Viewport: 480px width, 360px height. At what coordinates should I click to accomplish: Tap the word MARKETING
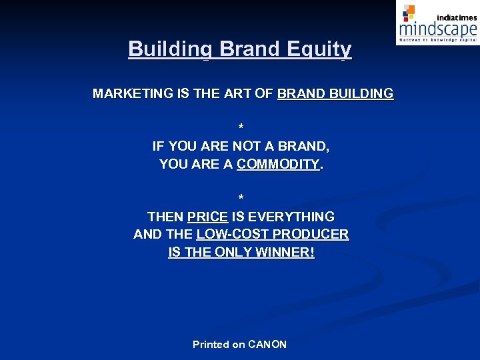[x=132, y=94]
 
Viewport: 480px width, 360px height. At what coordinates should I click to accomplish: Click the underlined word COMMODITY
[x=278, y=164]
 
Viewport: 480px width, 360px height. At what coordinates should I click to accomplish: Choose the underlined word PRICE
[x=208, y=217]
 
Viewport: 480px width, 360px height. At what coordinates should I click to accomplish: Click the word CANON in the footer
[x=267, y=345]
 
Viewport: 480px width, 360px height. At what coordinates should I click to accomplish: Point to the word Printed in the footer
[x=211, y=345]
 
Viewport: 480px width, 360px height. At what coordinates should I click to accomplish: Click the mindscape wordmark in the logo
[x=437, y=29]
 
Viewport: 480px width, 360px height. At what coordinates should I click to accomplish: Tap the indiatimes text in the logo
[x=457, y=17]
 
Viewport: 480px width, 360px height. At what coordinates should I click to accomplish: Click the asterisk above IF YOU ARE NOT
[x=241, y=127]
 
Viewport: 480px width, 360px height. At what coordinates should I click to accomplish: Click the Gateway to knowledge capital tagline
[x=438, y=40]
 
